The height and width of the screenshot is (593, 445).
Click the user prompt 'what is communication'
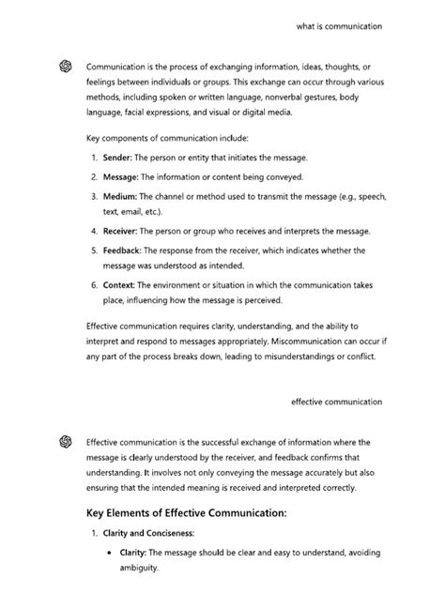point(338,27)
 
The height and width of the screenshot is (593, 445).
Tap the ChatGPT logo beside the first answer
point(65,66)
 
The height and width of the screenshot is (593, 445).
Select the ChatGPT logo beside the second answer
point(65,441)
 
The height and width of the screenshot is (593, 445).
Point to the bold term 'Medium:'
point(120,196)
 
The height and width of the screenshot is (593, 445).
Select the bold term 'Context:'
point(121,284)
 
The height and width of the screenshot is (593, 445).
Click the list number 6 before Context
point(95,284)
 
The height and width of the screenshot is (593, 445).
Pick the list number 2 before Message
point(95,175)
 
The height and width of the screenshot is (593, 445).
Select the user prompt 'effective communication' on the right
point(336,401)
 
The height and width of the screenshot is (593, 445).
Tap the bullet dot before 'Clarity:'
point(110,554)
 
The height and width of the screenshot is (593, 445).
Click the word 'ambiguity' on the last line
point(139,568)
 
